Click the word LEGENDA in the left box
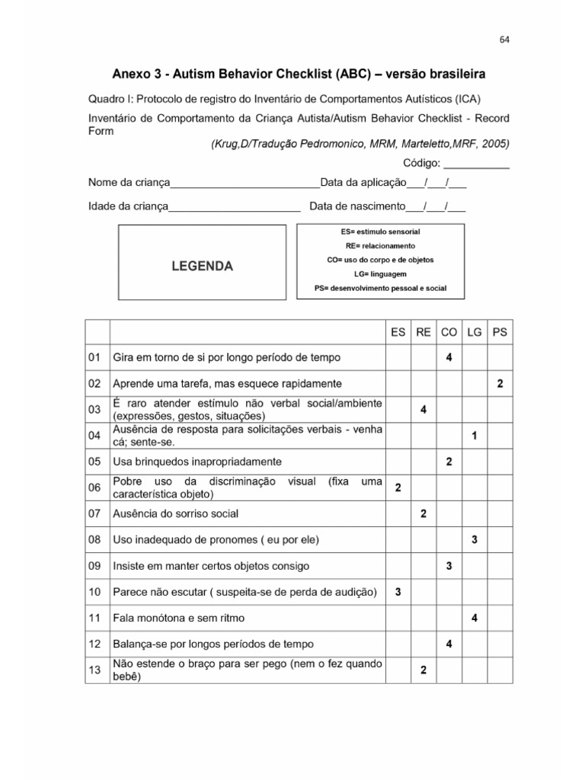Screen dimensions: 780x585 [202, 266]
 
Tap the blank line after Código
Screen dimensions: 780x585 [476, 165]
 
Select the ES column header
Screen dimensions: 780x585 [398, 332]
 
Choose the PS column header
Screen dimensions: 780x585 [500, 332]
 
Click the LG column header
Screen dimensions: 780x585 [475, 332]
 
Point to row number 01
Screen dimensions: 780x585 [95, 357]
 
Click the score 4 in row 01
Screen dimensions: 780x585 [449, 357]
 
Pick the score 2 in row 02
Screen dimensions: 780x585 [500, 384]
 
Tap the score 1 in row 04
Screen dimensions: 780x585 [475, 436]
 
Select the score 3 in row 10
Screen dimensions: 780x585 [398, 592]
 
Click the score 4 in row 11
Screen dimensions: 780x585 [475, 618]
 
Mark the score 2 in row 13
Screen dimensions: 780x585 [424, 670]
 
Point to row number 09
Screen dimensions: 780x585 [95, 566]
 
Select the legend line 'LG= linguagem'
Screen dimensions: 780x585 [380, 273]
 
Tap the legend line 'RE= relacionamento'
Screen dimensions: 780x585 [380, 246]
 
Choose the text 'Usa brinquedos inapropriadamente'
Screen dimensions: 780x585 [197, 462]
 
